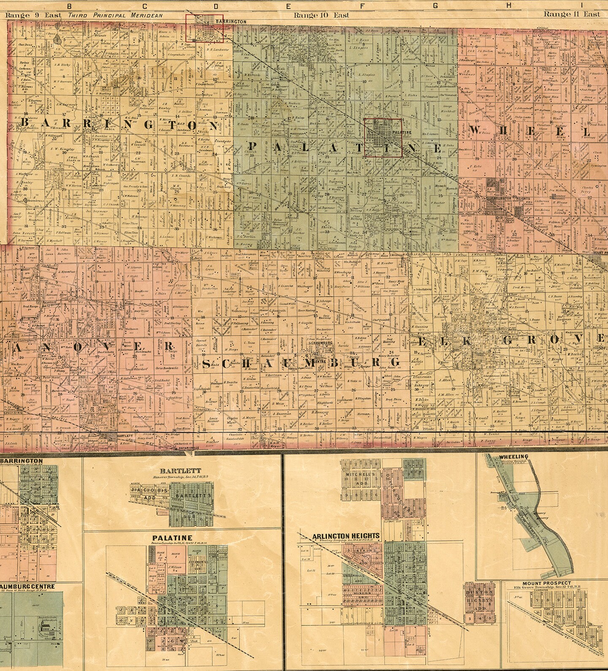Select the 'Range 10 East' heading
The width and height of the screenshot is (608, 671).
coord(321,15)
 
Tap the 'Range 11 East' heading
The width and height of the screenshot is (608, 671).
coord(571,14)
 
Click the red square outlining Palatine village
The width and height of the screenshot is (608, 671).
coord(383,138)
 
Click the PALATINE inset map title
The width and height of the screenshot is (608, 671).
coord(171,538)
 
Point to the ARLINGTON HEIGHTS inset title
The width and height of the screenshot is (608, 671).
coord(346,536)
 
